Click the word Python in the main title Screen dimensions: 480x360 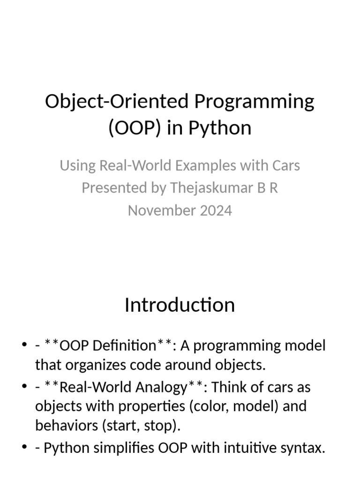point(220,127)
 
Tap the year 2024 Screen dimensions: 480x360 point(215,210)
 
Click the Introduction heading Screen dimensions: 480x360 point(180,305)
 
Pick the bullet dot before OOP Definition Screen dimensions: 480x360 point(24,346)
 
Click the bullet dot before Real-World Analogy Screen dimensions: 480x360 point(24,387)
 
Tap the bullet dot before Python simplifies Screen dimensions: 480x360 point(24,448)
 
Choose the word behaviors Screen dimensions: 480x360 point(64,426)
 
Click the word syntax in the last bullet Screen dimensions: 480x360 point(305,448)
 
